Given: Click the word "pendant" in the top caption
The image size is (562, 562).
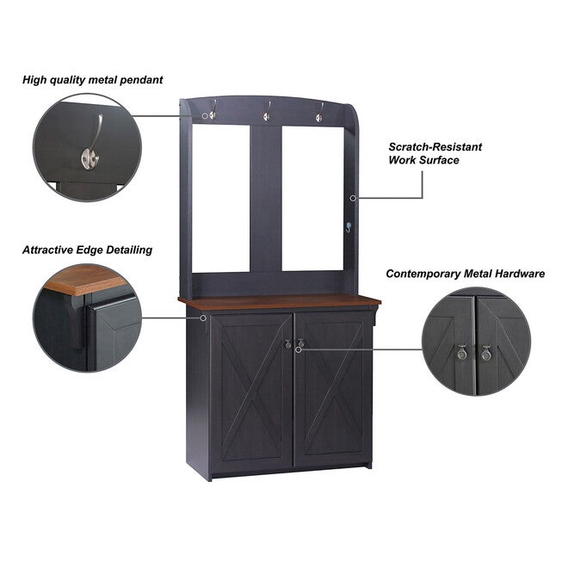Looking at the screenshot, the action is (141, 80).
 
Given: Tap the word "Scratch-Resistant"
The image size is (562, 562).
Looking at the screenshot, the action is (435, 147).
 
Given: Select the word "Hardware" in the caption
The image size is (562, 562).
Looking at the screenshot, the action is (520, 274).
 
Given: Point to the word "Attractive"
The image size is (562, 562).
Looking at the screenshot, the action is (48, 250).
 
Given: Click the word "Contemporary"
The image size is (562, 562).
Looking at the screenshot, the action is (423, 275).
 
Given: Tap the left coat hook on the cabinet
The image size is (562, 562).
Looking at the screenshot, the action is (213, 110).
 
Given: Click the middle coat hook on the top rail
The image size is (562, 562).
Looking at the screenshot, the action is (267, 112).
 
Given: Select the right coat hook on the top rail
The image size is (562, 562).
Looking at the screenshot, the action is (319, 113).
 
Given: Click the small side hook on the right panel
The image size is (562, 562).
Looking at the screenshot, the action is (349, 226).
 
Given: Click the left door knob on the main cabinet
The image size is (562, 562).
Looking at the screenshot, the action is (287, 343).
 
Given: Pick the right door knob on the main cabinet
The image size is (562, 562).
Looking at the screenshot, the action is (300, 343).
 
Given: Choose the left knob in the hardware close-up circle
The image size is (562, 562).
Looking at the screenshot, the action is (462, 353).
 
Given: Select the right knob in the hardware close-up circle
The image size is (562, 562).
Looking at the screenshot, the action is (486, 354).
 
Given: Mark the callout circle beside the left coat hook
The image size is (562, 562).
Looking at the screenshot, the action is (205, 116).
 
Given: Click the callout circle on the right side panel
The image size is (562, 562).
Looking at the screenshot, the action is (353, 198).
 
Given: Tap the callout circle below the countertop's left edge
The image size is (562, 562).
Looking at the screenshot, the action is (203, 318).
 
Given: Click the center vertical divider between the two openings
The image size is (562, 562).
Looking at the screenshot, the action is (266, 198).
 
